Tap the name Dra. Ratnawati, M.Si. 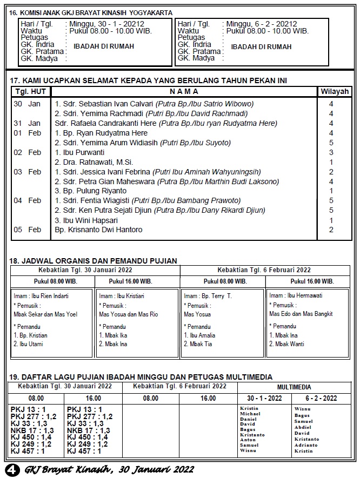pyautogui.click(x=94, y=162)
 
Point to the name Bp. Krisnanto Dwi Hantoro pyautogui.click(x=98, y=230)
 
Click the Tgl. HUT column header pyautogui.click(x=30, y=91)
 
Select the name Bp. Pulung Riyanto pyautogui.click(x=90, y=191)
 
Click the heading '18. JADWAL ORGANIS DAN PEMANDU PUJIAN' pyautogui.click(x=93, y=261)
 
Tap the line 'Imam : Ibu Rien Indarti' pyautogui.click(x=41, y=296)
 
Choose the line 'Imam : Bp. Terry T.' pyautogui.click(x=208, y=296)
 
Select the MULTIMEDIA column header pyautogui.click(x=294, y=387)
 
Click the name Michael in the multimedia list pyautogui.click(x=250, y=414)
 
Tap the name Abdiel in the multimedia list pyautogui.click(x=303, y=427)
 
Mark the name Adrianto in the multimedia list pyautogui.click(x=306, y=445)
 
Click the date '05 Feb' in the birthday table pyautogui.click(x=27, y=230)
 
